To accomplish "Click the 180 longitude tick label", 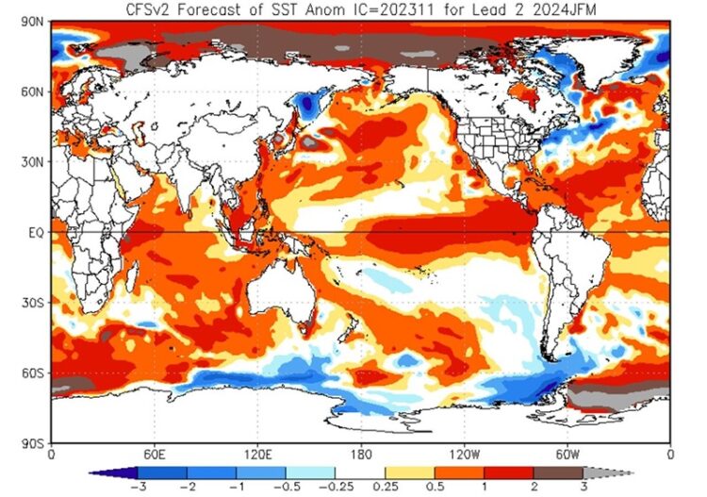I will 359,455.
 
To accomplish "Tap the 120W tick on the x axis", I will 463,455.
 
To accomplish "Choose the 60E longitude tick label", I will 154,455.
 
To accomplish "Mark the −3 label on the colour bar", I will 137,486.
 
